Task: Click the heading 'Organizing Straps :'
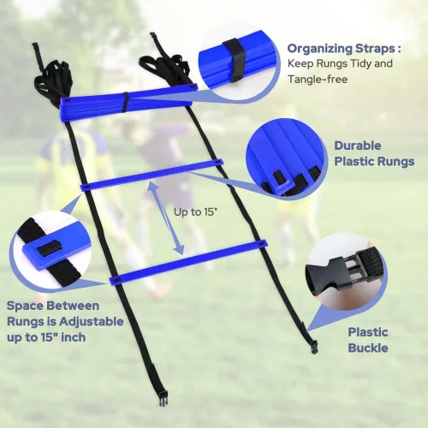point(344,49)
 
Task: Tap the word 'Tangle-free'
point(318,79)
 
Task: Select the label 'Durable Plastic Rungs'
point(374,153)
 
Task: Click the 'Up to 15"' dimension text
point(194,212)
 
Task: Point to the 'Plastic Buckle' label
point(368,340)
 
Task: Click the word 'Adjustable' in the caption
point(91,322)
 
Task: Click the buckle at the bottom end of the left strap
point(163,399)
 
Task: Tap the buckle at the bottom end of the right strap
point(313,346)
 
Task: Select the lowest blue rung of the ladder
point(188,263)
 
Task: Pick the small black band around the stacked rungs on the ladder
point(126,102)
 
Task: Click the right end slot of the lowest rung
point(261,244)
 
